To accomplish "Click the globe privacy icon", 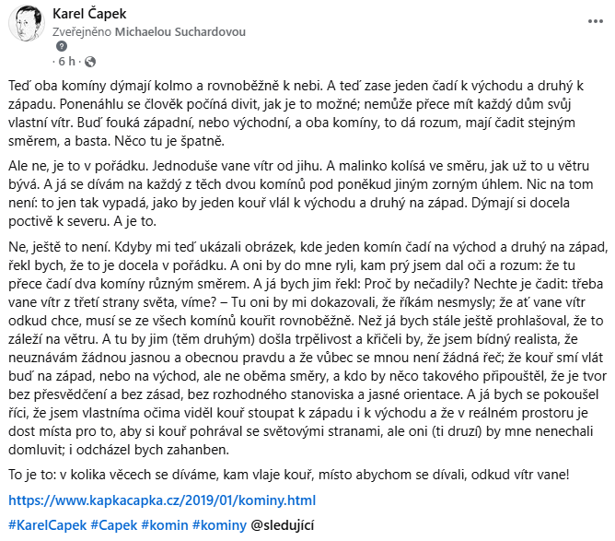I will pos(89,63).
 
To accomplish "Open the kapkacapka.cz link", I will pos(161,500).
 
